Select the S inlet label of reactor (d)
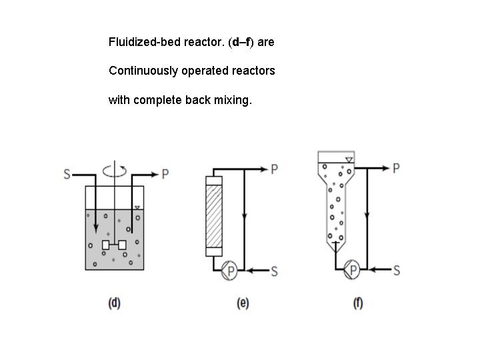(67, 175)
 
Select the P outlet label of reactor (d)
(165, 175)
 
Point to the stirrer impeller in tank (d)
(114, 245)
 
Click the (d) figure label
(115, 303)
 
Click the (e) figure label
(243, 303)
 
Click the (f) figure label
(358, 303)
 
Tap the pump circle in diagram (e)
(231, 270)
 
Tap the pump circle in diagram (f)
(353, 270)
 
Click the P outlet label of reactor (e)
(274, 169)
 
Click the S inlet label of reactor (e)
(274, 271)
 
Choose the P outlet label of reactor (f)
(396, 168)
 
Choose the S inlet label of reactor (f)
(397, 271)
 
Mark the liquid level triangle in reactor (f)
(349, 159)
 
